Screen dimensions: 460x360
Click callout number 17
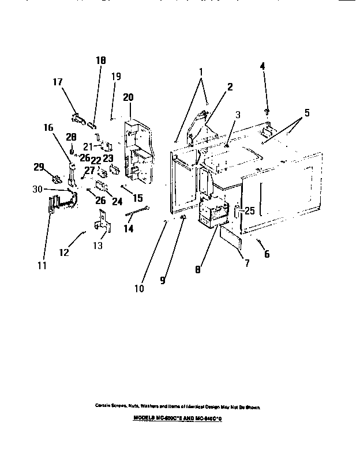click(57, 82)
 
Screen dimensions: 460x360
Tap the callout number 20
click(127, 97)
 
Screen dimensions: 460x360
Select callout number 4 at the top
click(262, 66)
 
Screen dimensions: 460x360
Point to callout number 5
click(307, 113)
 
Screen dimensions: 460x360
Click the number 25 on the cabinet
click(250, 211)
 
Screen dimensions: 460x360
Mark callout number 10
click(139, 288)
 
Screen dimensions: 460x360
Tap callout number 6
click(267, 254)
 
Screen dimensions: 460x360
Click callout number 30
click(37, 188)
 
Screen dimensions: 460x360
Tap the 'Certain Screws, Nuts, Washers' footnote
click(178, 406)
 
